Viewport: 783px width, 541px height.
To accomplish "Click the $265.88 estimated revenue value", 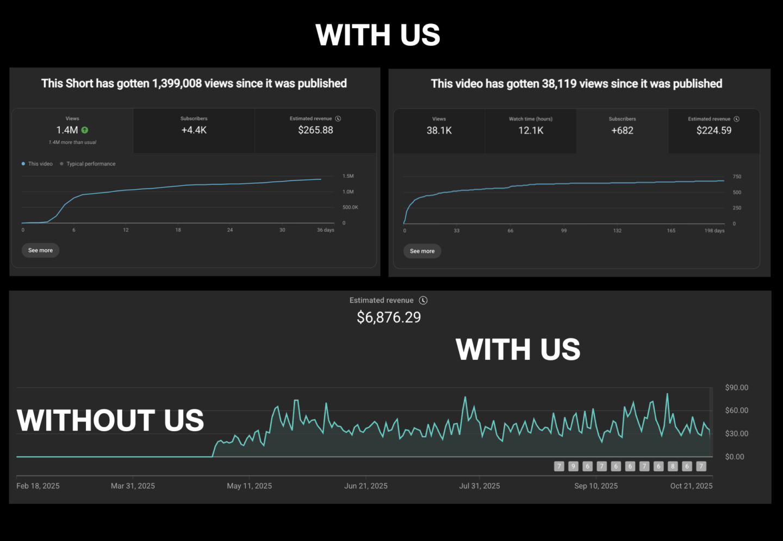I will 315,130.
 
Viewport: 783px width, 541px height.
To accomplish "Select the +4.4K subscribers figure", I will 194,130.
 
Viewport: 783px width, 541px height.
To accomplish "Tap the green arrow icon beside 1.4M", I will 85,130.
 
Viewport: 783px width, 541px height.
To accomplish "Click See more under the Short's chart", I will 40,250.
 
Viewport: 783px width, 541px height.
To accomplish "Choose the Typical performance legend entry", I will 91,164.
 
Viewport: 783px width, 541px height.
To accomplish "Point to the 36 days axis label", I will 325,230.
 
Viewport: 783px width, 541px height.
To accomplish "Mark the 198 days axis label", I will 714,231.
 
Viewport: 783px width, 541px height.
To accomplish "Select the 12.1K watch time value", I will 531,130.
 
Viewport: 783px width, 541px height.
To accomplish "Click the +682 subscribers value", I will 622,130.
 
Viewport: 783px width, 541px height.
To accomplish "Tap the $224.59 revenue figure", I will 713,130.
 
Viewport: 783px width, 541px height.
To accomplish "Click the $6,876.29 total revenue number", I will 389,318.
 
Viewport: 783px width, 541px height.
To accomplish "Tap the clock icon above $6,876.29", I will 423,300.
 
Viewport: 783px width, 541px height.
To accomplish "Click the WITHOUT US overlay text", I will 110,420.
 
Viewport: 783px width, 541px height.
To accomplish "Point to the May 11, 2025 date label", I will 249,486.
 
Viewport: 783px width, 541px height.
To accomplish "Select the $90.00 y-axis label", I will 736,387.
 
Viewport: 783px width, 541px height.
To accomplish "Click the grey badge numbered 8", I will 673,466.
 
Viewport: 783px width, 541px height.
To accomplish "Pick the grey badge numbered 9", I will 573,466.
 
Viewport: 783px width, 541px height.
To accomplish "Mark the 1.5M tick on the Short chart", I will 348,176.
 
